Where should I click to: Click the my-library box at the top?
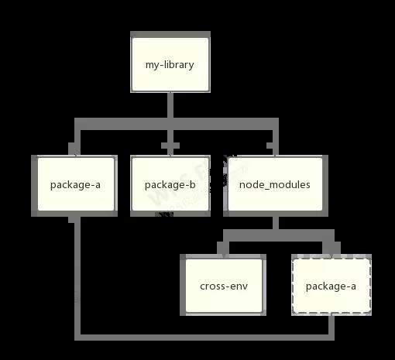(x=170, y=64)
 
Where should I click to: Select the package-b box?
(x=170, y=184)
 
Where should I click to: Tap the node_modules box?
(x=275, y=184)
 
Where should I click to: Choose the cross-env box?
(x=224, y=286)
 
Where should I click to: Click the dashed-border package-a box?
(x=331, y=286)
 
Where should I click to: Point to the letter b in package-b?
(x=192, y=184)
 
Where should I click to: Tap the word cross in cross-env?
(x=212, y=286)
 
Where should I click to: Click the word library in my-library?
(x=179, y=64)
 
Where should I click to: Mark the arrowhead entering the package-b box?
(x=170, y=149)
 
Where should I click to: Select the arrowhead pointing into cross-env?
(x=223, y=249)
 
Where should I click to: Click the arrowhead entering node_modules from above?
(x=273, y=149)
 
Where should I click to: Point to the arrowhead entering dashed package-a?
(x=331, y=249)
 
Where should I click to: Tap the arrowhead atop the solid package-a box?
(x=74, y=149)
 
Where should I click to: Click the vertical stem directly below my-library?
(x=170, y=105)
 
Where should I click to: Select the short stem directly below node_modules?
(x=276, y=223)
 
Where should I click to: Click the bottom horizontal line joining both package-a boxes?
(x=204, y=338)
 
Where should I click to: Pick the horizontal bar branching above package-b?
(x=177, y=124)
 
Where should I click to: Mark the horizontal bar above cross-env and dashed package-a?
(x=279, y=235)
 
